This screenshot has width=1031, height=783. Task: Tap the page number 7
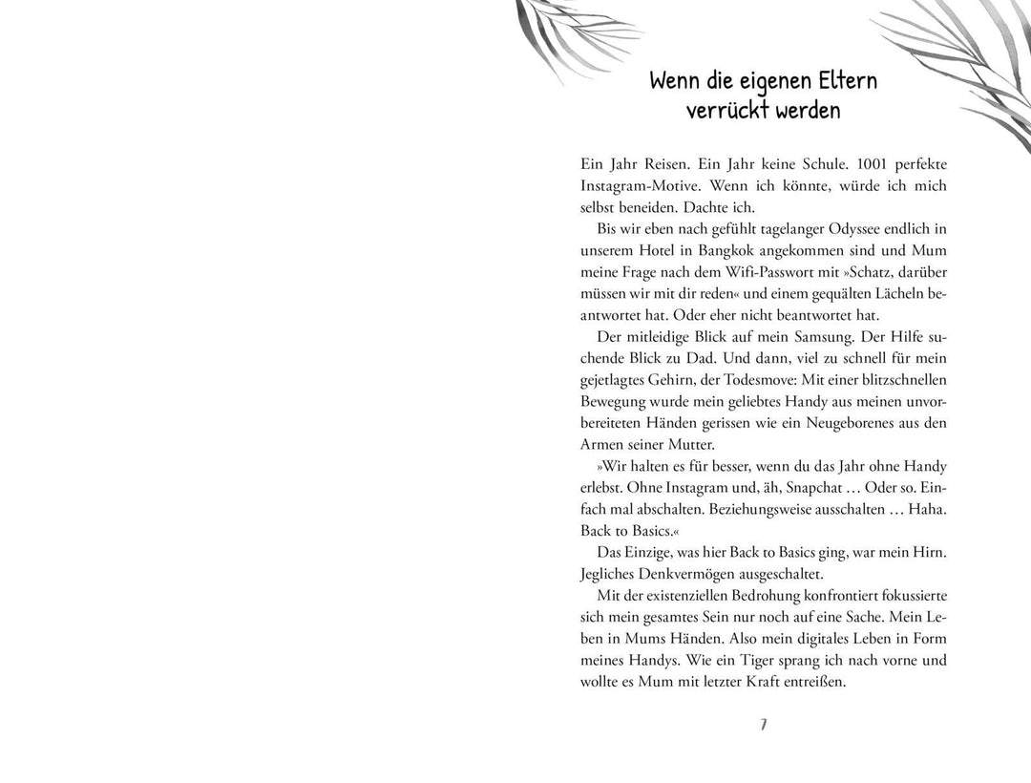coord(763,726)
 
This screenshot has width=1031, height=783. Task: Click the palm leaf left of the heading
coord(554,33)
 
